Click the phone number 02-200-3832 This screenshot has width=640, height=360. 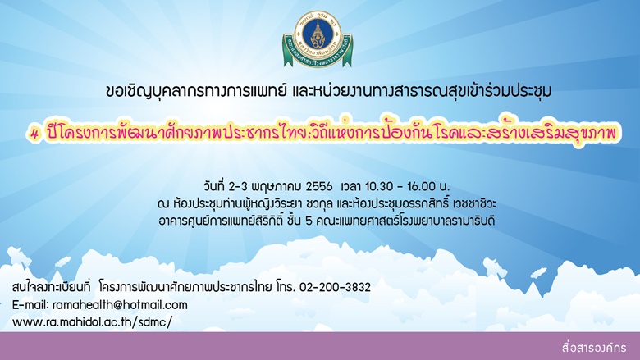335,287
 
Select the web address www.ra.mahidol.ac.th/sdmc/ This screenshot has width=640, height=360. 92,322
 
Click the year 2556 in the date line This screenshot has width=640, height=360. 319,187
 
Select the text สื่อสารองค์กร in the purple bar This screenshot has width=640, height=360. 594,348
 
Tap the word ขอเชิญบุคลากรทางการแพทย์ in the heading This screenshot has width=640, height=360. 195,90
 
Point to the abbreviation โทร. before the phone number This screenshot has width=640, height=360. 285,287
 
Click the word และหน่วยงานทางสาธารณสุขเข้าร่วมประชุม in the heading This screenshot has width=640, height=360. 422,90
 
